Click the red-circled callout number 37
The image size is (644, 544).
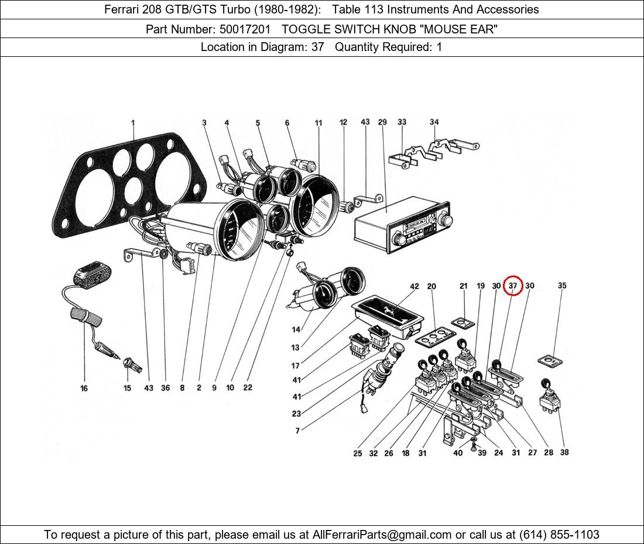[512, 285]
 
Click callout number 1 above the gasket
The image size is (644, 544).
[133, 123]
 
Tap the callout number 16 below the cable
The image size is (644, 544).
[84, 388]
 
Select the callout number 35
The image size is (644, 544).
[562, 286]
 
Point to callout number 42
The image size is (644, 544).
[415, 287]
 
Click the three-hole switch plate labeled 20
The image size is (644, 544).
[435, 335]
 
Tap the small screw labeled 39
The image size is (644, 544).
[473, 448]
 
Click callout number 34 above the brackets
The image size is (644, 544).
[434, 123]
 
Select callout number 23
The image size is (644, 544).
[296, 414]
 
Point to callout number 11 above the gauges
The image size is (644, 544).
[318, 123]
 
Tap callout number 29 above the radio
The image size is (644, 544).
[382, 123]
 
